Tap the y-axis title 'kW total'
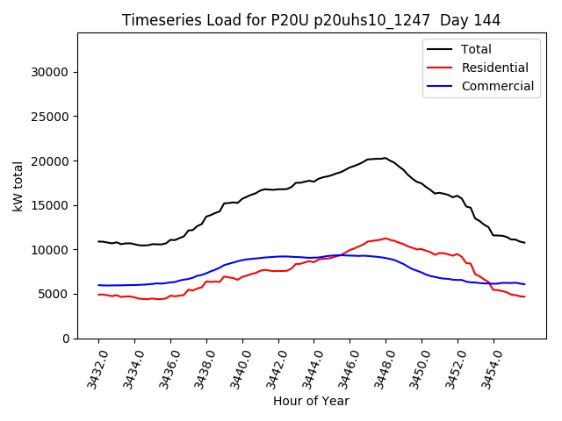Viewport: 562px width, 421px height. click(x=18, y=185)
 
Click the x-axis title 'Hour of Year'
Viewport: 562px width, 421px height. click(x=311, y=401)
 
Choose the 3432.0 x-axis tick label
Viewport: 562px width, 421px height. click(x=92, y=366)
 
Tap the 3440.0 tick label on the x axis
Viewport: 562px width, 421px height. click(x=236, y=366)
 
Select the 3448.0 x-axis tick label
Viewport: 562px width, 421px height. click(x=379, y=366)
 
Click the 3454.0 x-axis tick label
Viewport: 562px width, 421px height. click(x=487, y=366)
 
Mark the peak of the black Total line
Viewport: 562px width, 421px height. click(x=385, y=158)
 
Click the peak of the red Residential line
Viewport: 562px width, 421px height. click(x=385, y=238)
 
